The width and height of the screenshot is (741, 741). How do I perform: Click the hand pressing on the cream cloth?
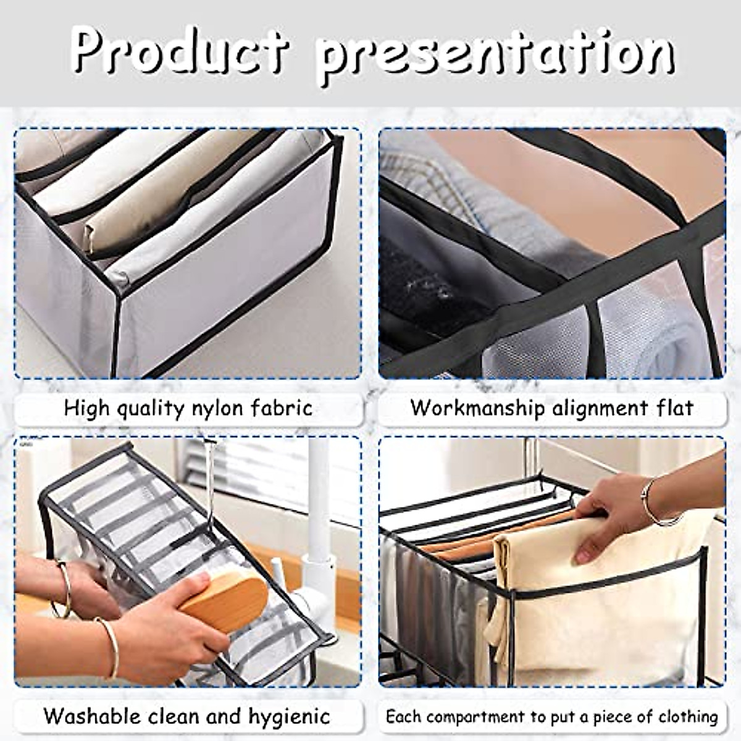611,513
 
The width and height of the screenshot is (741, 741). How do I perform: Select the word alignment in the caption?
597,408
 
